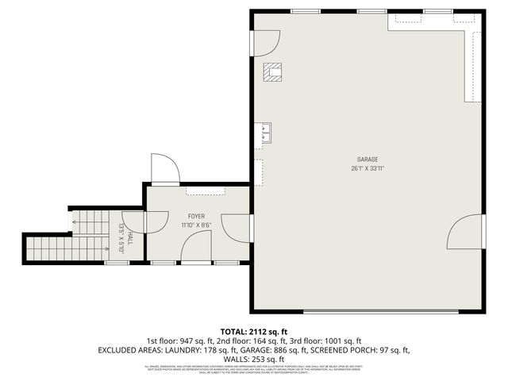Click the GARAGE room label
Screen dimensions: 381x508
click(367, 158)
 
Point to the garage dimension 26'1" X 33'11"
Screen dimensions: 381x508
click(367, 167)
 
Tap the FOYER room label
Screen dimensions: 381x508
click(196, 216)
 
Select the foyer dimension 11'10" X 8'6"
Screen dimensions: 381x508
click(196, 225)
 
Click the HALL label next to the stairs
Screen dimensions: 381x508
click(129, 229)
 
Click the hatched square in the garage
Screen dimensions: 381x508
click(274, 72)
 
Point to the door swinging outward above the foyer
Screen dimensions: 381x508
click(164, 168)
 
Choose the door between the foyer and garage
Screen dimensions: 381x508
click(237, 227)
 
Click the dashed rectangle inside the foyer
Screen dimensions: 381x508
click(206, 190)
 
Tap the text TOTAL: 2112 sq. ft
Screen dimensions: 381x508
click(254, 330)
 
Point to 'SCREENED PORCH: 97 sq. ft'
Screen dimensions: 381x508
click(360, 349)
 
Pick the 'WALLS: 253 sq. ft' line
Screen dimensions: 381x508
click(254, 359)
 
